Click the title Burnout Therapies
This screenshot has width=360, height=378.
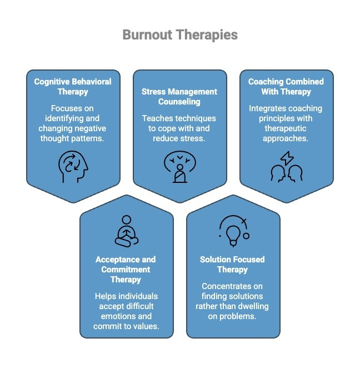180,35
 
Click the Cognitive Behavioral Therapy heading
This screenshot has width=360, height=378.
73,86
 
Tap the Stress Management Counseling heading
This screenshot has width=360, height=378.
179,97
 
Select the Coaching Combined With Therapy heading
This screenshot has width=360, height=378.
286,86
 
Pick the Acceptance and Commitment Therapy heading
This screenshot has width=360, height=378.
126,269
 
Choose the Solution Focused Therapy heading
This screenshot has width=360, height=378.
232,264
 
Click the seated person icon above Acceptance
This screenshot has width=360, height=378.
126,231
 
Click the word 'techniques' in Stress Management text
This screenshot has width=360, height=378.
197,118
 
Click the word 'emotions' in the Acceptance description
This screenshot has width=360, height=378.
126,316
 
